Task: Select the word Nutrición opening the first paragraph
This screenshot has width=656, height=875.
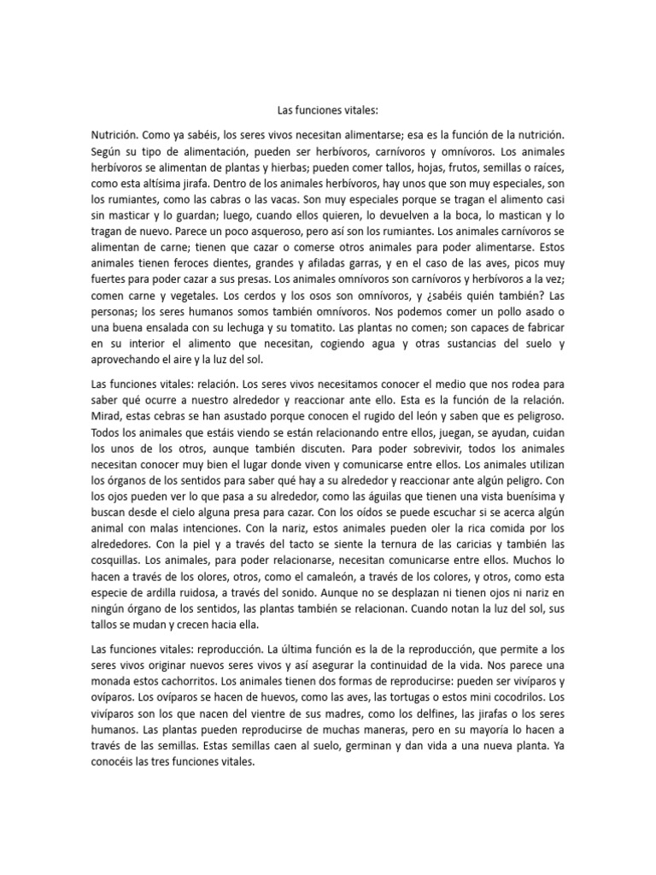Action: [113, 135]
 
